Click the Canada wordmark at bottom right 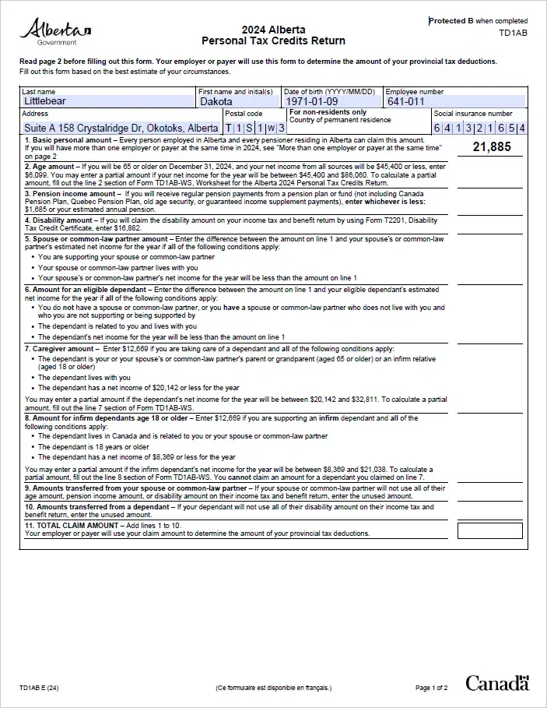497,683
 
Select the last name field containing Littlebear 108,101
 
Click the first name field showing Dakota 238,101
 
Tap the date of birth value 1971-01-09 311,101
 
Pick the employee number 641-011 405,101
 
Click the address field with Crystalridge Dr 121,128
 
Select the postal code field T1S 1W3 254,128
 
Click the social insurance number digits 479,128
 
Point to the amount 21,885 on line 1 489,146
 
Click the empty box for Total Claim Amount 489,530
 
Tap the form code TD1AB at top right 513,33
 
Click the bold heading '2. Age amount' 50,167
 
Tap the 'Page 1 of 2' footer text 432,688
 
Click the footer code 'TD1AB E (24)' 39,688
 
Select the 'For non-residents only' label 328,112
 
